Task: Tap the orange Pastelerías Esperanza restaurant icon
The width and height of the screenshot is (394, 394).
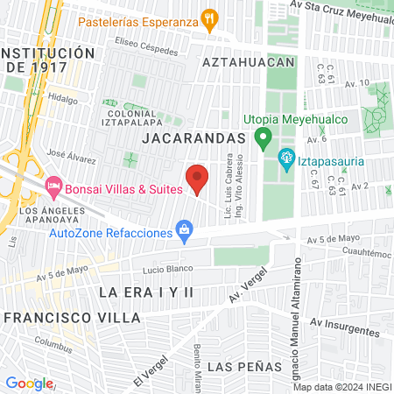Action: [208, 18]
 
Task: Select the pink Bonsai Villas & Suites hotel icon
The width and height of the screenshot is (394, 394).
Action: [53, 186]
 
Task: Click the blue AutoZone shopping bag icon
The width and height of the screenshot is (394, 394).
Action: [184, 232]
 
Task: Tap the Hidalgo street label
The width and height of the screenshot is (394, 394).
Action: [63, 99]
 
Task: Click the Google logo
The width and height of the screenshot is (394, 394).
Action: [29, 383]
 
